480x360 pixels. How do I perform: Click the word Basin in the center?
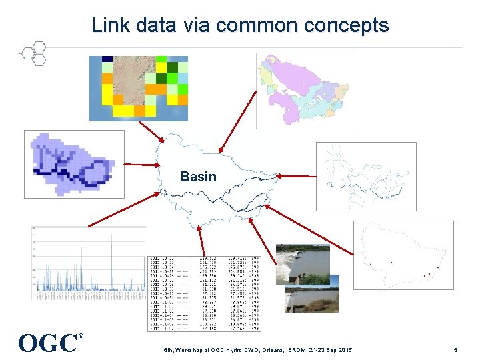[x=198, y=177]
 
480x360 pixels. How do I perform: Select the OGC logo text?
[x=48, y=343]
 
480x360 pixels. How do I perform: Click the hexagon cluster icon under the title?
[x=33, y=53]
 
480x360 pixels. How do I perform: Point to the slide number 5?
[x=455, y=350]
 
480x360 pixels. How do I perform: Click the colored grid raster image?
[x=139, y=87]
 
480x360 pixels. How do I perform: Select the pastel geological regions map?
[x=305, y=90]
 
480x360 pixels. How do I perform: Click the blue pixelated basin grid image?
[x=74, y=164]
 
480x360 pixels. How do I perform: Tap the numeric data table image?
[x=204, y=293]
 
